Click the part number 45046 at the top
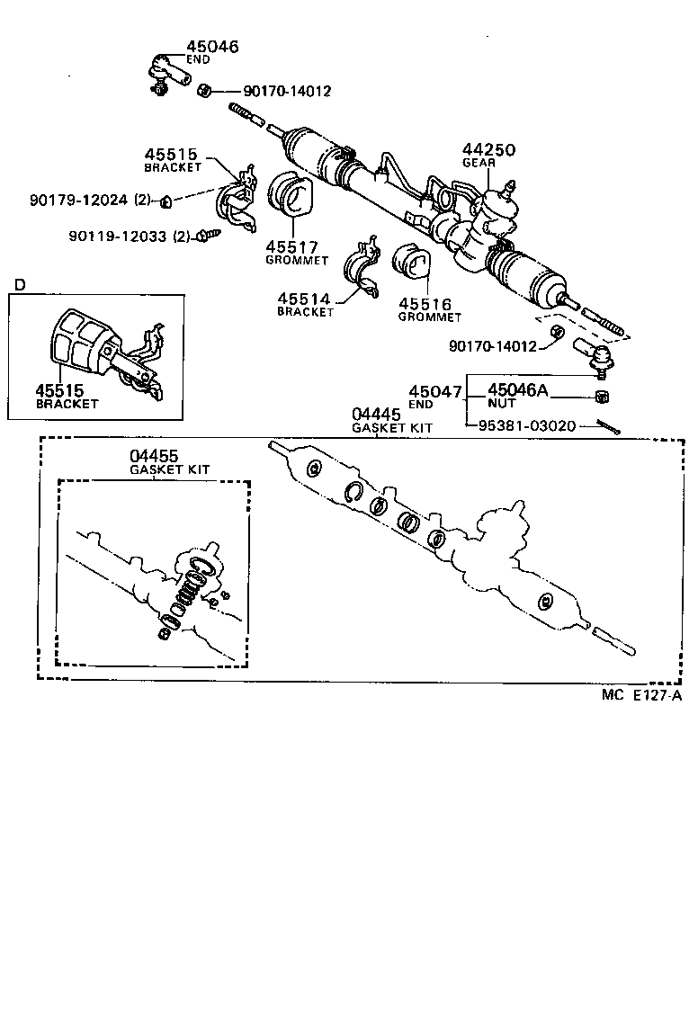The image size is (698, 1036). tap(213, 47)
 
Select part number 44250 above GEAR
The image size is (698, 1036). tap(489, 150)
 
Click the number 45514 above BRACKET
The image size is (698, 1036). tap(305, 299)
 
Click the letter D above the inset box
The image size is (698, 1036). tap(20, 285)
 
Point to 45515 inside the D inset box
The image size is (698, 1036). tap(60, 390)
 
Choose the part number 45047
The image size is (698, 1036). tap(435, 391)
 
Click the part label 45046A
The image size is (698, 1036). tap(516, 390)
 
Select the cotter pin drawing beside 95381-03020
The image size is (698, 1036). tap(609, 428)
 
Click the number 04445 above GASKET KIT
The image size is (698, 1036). tap(376, 414)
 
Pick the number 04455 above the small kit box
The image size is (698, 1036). tap(154, 457)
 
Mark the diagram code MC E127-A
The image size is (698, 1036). tap(642, 694)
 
